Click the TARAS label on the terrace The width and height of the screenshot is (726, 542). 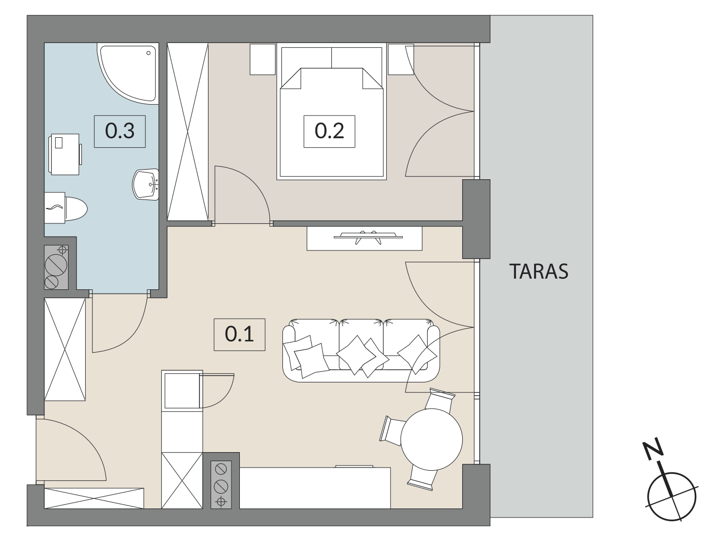[x=539, y=272]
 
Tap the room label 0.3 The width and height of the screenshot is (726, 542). [x=120, y=131]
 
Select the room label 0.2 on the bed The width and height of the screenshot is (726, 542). [x=329, y=131]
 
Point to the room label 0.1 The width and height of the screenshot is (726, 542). [x=239, y=335]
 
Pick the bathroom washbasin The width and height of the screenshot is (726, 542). [x=146, y=185]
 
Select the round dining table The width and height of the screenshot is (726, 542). [x=432, y=439]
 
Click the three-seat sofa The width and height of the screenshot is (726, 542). [x=361, y=351]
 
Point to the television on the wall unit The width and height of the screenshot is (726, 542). [x=368, y=237]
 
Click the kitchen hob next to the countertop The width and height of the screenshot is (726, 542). [x=221, y=485]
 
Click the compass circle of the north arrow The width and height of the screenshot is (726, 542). [x=672, y=497]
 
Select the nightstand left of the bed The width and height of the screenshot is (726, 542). [x=263, y=59]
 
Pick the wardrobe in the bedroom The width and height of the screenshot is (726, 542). [x=188, y=131]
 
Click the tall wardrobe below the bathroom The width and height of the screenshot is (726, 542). [x=65, y=349]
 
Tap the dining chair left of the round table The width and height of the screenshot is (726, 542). [x=393, y=430]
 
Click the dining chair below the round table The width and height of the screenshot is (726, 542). [x=422, y=479]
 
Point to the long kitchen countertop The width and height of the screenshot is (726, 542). [x=315, y=488]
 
